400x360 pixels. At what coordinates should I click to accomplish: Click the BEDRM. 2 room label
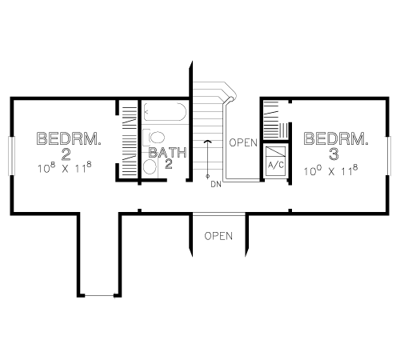[x=69, y=146]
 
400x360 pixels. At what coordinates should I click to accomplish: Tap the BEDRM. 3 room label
[x=336, y=146]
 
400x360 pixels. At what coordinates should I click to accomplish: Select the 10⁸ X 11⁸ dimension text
[x=65, y=168]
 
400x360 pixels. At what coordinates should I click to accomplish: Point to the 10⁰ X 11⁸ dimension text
[x=331, y=170]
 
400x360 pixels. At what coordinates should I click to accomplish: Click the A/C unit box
[x=276, y=161]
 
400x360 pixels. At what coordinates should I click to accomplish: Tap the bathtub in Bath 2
[x=165, y=112]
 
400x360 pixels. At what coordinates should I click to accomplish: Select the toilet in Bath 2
[x=154, y=138]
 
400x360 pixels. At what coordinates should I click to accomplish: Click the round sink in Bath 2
[x=149, y=167]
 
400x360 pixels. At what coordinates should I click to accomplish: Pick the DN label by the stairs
[x=216, y=184]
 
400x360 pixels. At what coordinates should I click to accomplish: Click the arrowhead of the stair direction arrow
[x=207, y=142]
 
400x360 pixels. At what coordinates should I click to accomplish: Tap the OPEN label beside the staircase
[x=243, y=142]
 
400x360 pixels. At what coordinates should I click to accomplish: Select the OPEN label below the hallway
[x=218, y=236]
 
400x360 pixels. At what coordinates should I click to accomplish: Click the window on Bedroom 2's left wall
[x=12, y=156]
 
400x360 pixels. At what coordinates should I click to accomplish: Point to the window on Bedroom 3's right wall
[x=389, y=156]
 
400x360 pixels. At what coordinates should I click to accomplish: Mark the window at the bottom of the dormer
[x=99, y=295]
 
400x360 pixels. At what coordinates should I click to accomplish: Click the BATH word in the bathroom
[x=168, y=153]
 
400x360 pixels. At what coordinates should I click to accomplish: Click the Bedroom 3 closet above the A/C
[x=276, y=120]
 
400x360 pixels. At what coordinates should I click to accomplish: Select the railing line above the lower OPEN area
[x=219, y=214]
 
